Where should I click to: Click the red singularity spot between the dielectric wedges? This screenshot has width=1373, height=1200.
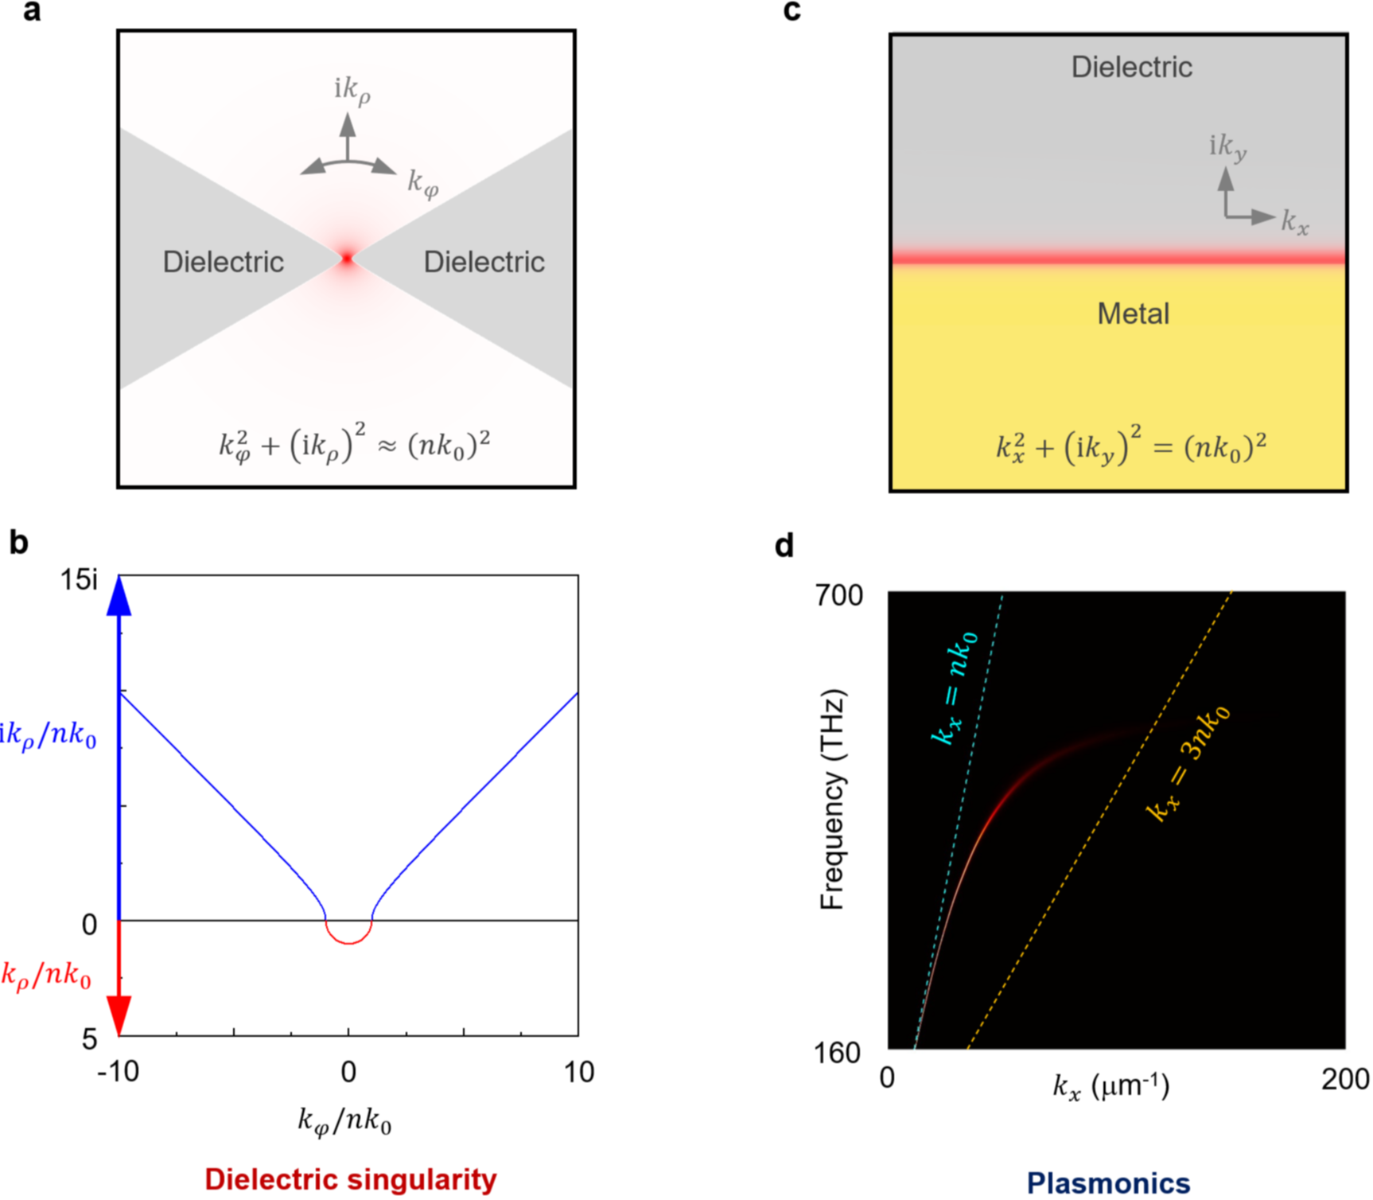click(x=347, y=258)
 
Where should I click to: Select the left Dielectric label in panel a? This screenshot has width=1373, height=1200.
click(x=223, y=262)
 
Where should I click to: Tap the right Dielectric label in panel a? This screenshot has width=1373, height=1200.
click(x=484, y=262)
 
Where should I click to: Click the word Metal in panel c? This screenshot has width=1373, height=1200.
click(x=1133, y=314)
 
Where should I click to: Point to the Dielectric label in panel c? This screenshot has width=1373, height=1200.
click(x=1131, y=67)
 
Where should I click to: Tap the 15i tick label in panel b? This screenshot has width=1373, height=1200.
click(x=80, y=580)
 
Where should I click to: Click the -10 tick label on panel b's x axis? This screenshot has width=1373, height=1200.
click(x=118, y=1072)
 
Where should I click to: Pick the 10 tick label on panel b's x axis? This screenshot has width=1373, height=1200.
click(x=578, y=1072)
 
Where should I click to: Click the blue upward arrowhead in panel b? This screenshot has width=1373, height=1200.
click(x=119, y=595)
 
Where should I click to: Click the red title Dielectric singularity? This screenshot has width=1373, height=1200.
click(x=350, y=1179)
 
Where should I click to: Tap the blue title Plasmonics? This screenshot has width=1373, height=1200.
click(x=1108, y=1182)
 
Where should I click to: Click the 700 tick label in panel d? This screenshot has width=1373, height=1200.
click(x=838, y=594)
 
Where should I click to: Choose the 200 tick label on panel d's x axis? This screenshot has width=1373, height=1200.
click(x=1345, y=1079)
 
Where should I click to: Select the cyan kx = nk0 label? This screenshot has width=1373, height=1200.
click(x=955, y=686)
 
